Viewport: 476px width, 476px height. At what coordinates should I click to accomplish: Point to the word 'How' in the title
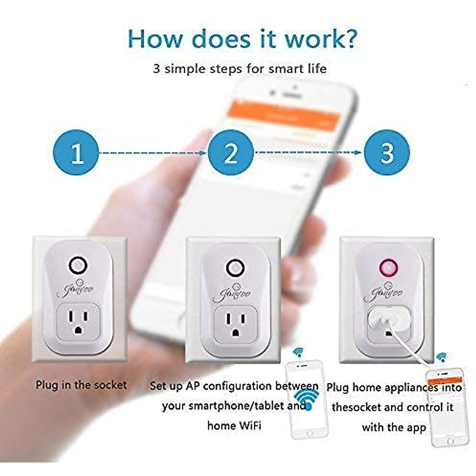point(156,38)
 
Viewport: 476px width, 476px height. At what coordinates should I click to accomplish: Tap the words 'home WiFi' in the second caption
point(234,426)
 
